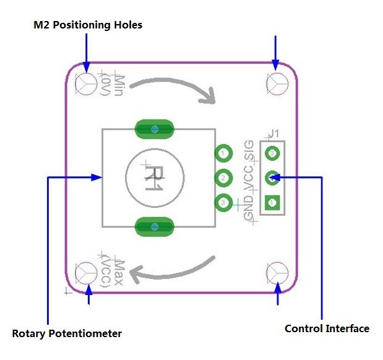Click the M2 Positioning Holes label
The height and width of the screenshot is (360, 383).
[87, 25]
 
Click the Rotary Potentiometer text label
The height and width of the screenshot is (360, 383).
[67, 333]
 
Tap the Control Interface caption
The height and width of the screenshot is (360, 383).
[327, 328]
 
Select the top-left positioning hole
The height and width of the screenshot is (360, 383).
[86, 82]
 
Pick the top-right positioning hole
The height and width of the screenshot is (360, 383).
[277, 82]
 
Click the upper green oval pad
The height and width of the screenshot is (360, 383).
[154, 129]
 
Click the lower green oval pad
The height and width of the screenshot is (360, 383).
[154, 227]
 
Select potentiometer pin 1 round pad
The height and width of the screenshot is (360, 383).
[223, 153]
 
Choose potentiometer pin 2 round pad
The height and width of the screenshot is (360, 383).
[223, 178]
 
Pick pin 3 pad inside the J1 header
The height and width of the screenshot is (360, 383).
[271, 153]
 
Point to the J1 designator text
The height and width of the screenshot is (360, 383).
[274, 134]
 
